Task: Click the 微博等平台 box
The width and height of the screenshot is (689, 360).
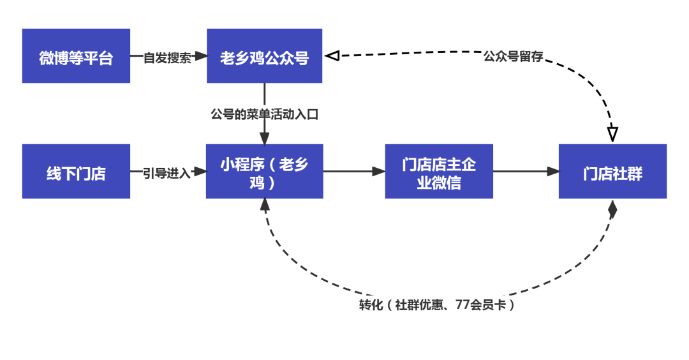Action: pos(76,56)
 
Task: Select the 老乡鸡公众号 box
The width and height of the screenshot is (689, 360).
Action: pos(264,56)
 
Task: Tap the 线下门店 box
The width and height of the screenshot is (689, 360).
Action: pos(76,172)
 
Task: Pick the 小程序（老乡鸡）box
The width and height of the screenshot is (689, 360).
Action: pos(264,172)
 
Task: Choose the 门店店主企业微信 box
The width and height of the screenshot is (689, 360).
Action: pos(439,172)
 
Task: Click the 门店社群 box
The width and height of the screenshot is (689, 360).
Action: pos(612,172)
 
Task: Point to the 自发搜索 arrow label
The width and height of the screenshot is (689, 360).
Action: pos(167,57)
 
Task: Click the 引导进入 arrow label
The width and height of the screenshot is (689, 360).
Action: pos(167,172)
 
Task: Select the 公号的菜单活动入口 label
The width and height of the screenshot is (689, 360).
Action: pos(264,114)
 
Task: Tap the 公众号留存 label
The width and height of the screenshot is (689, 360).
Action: pos(513,56)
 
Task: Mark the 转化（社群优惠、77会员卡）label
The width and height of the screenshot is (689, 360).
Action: pos(438,304)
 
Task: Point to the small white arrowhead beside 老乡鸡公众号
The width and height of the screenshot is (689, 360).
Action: pos(333,56)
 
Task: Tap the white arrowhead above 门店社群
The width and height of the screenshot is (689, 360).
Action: pos(612,133)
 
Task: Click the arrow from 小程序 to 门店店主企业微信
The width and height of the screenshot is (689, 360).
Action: pos(353,171)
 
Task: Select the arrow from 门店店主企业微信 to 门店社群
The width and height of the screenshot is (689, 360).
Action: pos(526,171)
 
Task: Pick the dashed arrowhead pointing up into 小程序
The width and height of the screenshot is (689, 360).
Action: pos(265,205)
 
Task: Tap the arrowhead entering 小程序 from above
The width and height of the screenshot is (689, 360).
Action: pos(264,138)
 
